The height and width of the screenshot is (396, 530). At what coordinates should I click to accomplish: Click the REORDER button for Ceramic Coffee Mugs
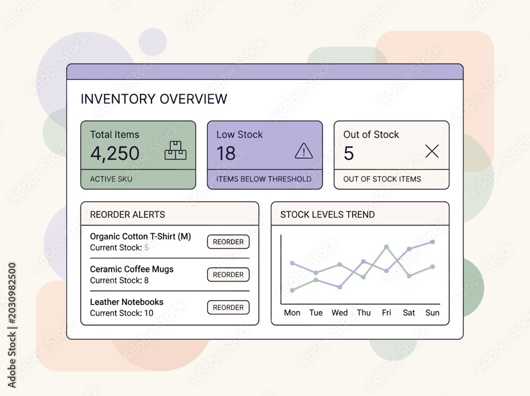228,275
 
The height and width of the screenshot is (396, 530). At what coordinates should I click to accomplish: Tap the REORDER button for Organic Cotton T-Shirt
228,242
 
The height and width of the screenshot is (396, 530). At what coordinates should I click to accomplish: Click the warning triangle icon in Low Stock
304,151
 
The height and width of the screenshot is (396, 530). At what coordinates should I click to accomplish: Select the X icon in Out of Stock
432,151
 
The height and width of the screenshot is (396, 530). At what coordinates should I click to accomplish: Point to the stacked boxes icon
175,151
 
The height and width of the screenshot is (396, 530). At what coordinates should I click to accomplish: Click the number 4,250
115,154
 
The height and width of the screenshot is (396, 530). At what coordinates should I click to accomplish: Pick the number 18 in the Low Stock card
226,153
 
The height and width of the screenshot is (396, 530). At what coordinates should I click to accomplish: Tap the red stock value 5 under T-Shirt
146,248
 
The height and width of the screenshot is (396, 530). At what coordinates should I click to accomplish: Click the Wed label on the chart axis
339,313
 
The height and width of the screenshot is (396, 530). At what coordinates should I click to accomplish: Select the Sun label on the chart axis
432,313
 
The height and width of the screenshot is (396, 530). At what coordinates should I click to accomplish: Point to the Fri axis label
386,313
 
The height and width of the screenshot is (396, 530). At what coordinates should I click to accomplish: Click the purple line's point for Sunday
432,242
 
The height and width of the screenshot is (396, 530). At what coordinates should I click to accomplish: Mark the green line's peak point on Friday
386,247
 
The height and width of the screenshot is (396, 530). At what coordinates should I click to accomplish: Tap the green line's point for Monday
293,290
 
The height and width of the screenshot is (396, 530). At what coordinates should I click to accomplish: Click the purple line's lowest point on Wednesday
340,287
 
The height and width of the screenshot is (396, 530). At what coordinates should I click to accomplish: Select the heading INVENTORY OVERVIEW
154,99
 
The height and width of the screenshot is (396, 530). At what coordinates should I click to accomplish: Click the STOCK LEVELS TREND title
328,214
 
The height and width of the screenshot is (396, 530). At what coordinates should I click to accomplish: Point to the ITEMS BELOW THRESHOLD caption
264,179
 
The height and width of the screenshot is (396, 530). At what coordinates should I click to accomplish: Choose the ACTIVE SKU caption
111,179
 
